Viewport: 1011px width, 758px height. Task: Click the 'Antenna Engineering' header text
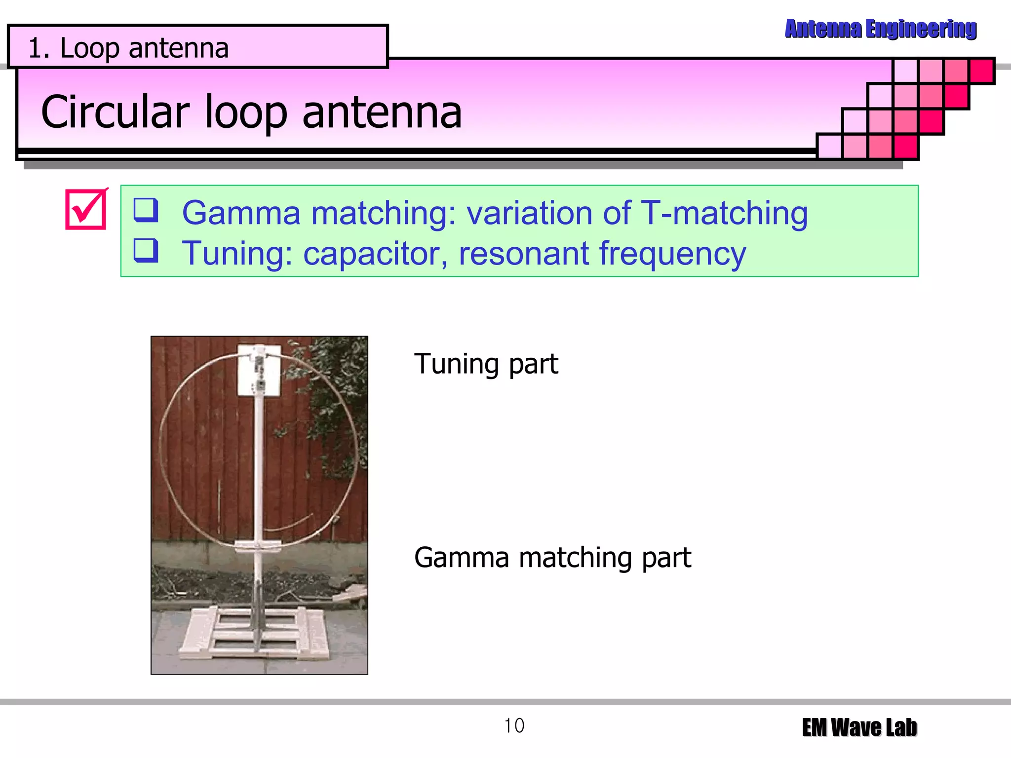tap(880, 29)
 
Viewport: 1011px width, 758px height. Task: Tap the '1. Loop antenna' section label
tap(128, 48)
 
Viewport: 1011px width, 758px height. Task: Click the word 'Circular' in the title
tap(115, 113)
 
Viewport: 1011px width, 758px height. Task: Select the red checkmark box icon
tap(86, 209)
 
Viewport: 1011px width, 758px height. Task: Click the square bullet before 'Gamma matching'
tap(146, 210)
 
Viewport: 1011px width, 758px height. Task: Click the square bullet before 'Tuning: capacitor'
tap(146, 250)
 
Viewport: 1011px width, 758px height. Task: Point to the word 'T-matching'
tap(724, 213)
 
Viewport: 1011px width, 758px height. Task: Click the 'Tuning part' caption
tap(486, 364)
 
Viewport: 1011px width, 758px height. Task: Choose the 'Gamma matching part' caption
tap(552, 558)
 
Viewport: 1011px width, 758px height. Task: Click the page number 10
tap(514, 726)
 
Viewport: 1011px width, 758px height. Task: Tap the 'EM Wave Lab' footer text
tap(859, 727)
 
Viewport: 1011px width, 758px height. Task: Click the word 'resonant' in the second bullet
tap(523, 254)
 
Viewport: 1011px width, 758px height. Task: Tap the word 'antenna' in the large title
tap(382, 113)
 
